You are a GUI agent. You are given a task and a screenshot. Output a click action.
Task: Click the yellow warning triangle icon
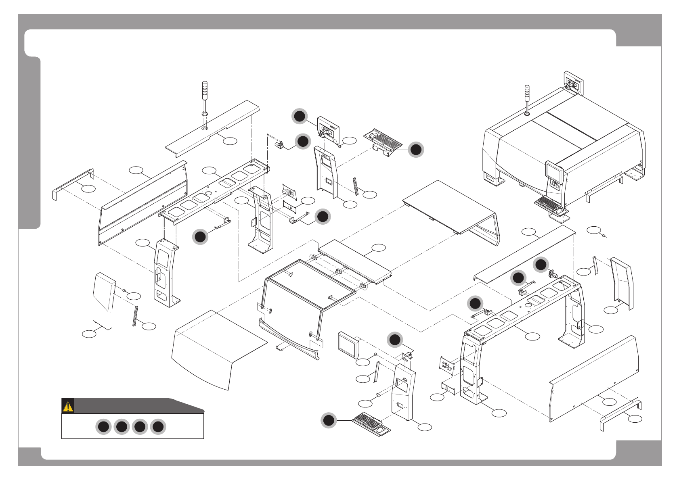coord(68,406)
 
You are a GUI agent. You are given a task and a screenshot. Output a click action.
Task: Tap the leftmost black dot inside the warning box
coord(103,427)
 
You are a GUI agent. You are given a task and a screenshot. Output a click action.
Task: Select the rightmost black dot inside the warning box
coord(158,427)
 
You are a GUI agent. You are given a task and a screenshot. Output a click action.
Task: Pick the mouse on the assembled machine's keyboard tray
coord(560,211)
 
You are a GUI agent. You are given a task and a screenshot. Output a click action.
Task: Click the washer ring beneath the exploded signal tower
coord(204,128)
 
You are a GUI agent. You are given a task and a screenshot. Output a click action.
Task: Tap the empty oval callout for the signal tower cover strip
coord(230,141)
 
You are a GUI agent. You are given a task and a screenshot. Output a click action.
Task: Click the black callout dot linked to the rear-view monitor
coord(300,117)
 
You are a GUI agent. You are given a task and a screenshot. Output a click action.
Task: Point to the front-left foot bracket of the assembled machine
coord(494,179)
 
